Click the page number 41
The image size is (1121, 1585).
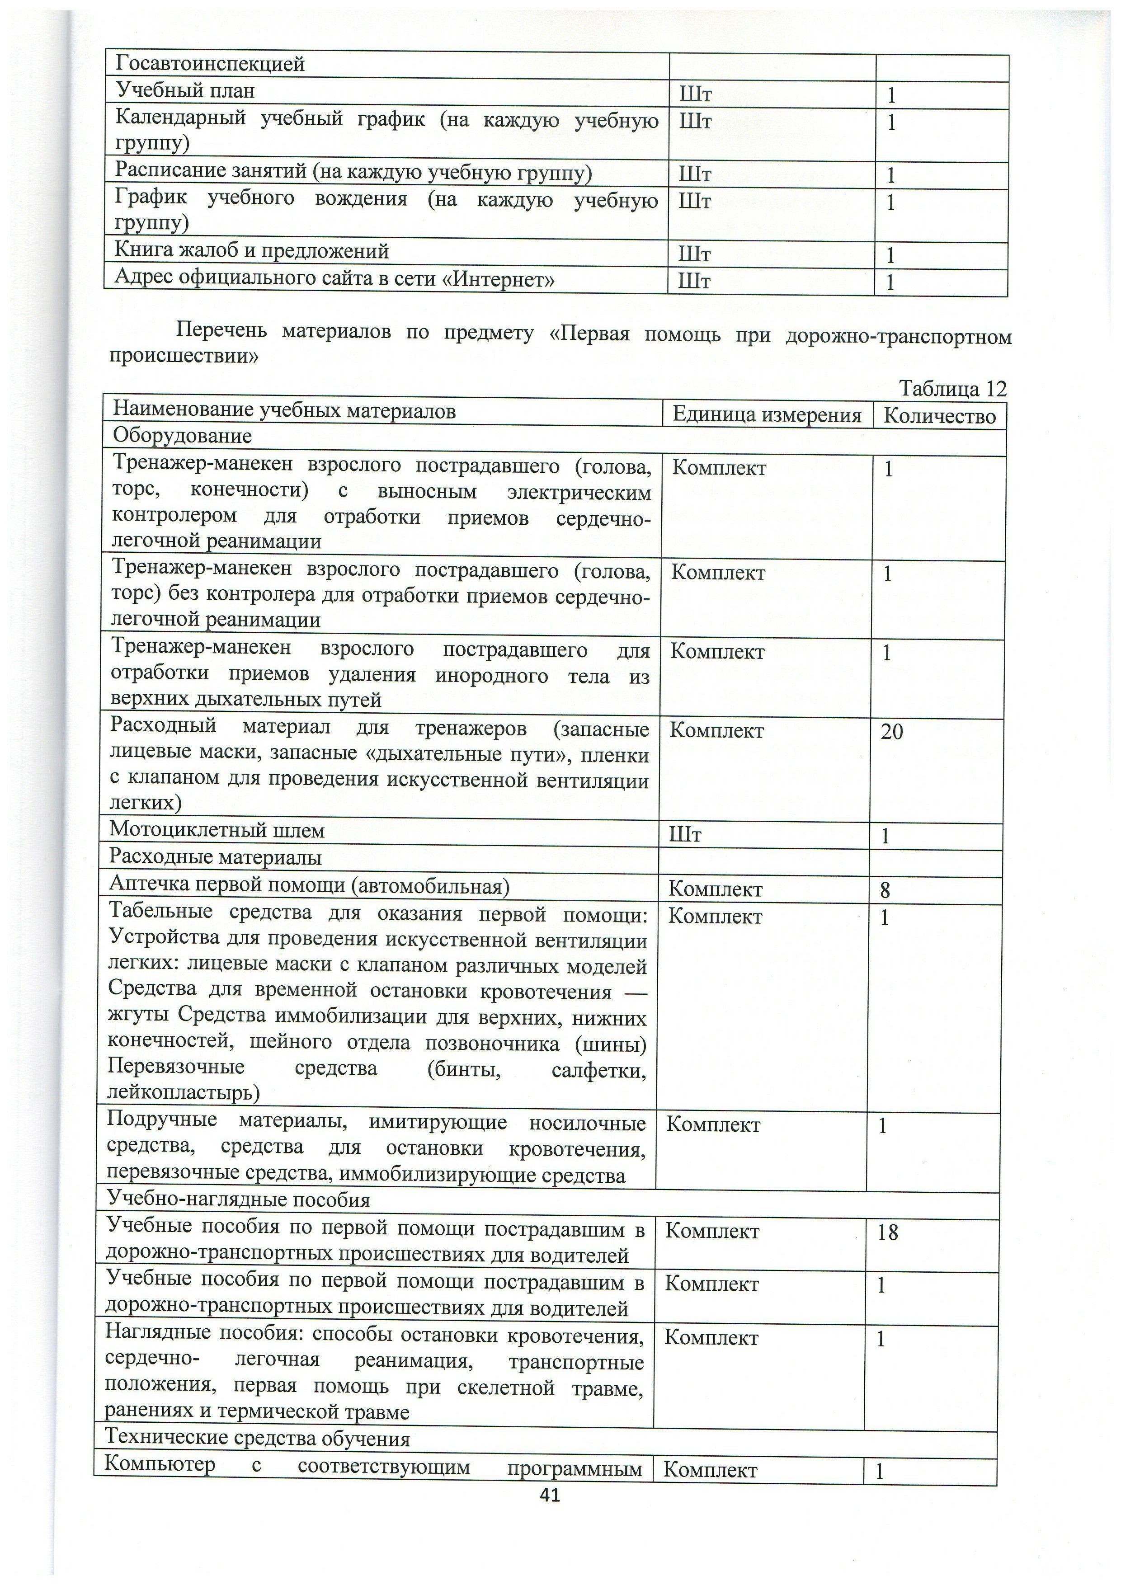tap(550, 1508)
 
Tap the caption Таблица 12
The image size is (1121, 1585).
tap(952, 389)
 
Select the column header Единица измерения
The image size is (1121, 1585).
tap(767, 415)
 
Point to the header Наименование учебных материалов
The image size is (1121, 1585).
tap(284, 411)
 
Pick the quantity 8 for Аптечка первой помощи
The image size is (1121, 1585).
tap(885, 890)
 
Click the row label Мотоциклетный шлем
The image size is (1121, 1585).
tap(217, 831)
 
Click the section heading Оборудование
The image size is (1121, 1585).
tap(182, 436)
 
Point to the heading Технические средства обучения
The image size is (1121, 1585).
tap(258, 1439)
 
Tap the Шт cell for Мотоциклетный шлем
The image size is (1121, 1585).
tap(685, 835)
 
